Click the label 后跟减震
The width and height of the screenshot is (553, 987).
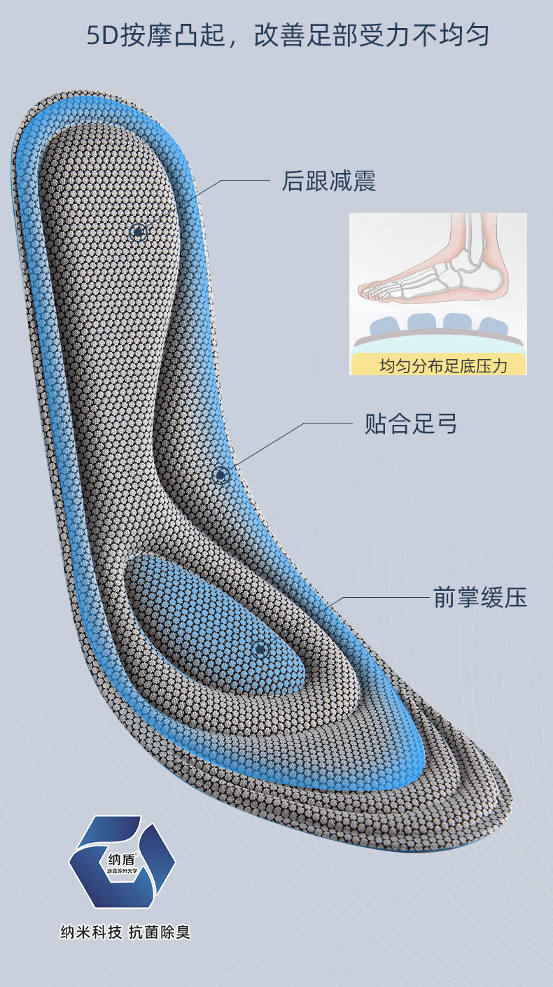pos(328,181)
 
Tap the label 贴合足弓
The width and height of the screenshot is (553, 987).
pos(411,423)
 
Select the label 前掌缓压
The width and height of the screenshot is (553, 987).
pos(479,598)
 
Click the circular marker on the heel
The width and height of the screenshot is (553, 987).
pos(139,232)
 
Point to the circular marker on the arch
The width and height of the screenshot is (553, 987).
pos(221,475)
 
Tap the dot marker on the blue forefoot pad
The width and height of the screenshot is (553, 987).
pos(260,650)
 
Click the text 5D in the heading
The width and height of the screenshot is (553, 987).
pos(102,36)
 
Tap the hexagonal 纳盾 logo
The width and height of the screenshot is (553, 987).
pos(122,862)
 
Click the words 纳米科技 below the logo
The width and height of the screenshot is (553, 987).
pos(91,932)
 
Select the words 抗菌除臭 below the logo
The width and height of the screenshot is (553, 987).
pos(160,932)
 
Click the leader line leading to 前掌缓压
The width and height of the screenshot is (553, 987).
pos(385,598)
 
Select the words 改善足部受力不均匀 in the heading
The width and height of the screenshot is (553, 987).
pos(372,36)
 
